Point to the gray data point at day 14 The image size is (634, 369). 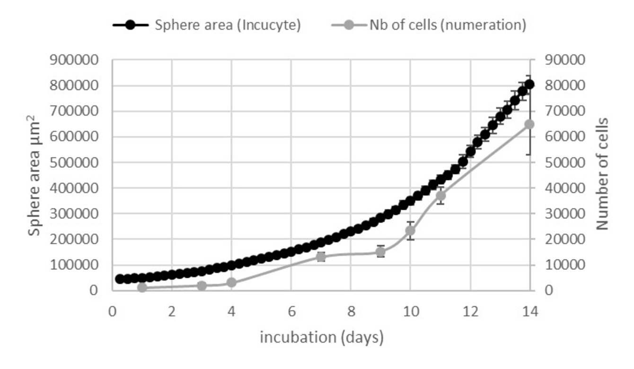pos(529,124)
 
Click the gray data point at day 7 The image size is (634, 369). pos(321,257)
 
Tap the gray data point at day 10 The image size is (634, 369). pos(410,231)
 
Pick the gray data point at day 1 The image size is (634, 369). pos(142,287)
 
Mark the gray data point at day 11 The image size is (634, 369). pos(440,195)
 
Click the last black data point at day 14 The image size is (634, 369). pos(529,85)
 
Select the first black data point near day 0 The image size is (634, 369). pos(120,279)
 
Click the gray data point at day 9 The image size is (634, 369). pos(380,252)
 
